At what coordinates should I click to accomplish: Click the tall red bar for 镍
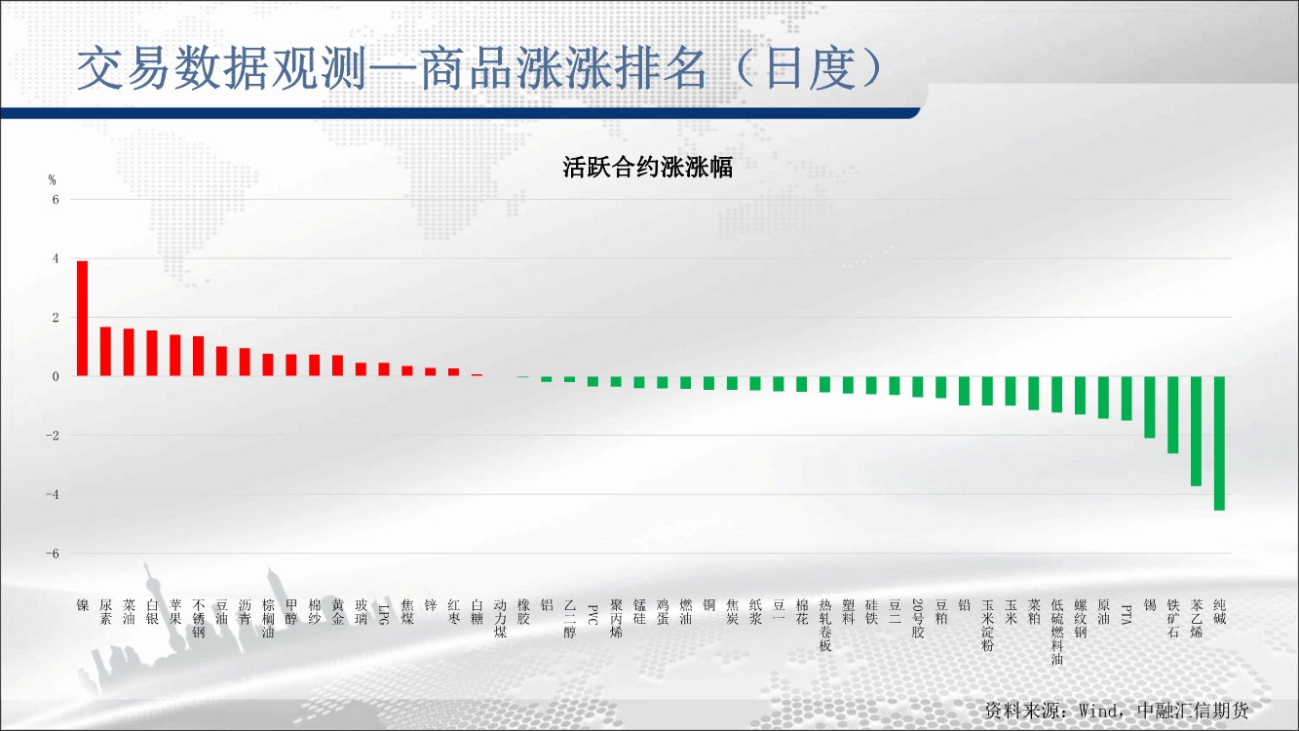83,318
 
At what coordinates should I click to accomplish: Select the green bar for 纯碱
1219,443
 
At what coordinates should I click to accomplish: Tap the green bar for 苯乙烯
1196,431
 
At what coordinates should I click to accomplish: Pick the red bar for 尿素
105,351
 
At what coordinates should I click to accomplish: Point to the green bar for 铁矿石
1172,415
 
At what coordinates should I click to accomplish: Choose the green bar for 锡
1149,407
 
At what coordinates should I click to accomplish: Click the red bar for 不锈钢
199,356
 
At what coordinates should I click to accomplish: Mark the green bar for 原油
1103,398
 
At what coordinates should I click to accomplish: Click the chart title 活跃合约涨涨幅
648,167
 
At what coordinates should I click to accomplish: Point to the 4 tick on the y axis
56,258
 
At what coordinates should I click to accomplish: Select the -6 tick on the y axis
53,554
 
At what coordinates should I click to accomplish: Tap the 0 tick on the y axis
56,376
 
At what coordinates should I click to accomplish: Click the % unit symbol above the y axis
53,180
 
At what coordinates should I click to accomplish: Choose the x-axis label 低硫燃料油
1056,632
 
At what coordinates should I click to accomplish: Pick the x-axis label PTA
1127,615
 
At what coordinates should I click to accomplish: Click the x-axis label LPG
384,614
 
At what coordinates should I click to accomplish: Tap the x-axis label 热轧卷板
824,626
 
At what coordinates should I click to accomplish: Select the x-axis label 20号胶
917,619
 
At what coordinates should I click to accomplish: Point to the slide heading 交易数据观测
223,69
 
